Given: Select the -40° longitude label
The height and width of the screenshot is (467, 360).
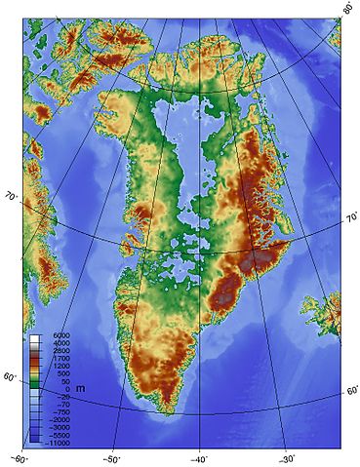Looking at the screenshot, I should tap(199, 458).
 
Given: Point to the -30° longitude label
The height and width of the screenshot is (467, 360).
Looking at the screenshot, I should tap(286, 458).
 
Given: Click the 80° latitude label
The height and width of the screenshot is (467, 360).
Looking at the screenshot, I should tap(348, 8).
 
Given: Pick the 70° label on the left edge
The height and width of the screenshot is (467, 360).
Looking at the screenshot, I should tap(12, 196).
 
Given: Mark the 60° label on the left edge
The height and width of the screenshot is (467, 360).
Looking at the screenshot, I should tap(10, 377).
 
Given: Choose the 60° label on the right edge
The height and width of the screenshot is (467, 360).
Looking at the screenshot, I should tap(351, 391).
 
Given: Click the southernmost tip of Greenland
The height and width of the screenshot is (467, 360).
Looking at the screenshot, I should tap(172, 412).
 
